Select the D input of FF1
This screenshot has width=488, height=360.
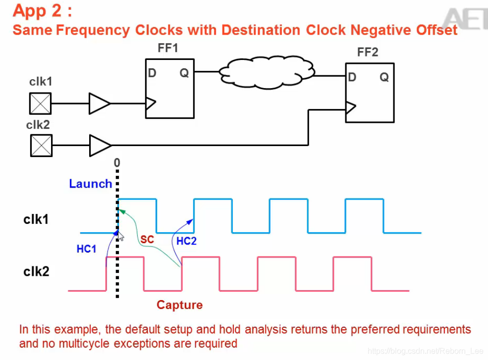pos(152,73)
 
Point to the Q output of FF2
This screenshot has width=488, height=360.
pos(384,77)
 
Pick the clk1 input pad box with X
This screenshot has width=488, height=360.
pos(40,104)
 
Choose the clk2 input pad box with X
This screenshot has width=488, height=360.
pos(40,145)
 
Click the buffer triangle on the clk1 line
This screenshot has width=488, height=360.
pos(99,104)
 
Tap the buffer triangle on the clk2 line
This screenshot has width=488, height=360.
pos(99,145)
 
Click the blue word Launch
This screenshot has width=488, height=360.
pos(90,184)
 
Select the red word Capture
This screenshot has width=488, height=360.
pos(179,305)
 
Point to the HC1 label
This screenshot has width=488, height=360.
pos(86,249)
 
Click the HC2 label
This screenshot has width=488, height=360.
pos(187,241)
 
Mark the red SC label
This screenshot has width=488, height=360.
pos(147,240)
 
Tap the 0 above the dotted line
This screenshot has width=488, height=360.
pos(117,162)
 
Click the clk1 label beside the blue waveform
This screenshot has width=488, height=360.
pos(36,219)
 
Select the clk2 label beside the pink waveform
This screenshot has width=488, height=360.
pos(36,271)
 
